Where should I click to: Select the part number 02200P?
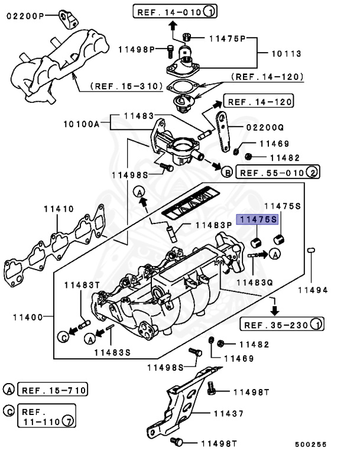pos(24,16)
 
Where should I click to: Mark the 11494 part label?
pos(312,290)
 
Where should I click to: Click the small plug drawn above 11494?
pos(310,252)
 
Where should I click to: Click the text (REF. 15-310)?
pos(127,86)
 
